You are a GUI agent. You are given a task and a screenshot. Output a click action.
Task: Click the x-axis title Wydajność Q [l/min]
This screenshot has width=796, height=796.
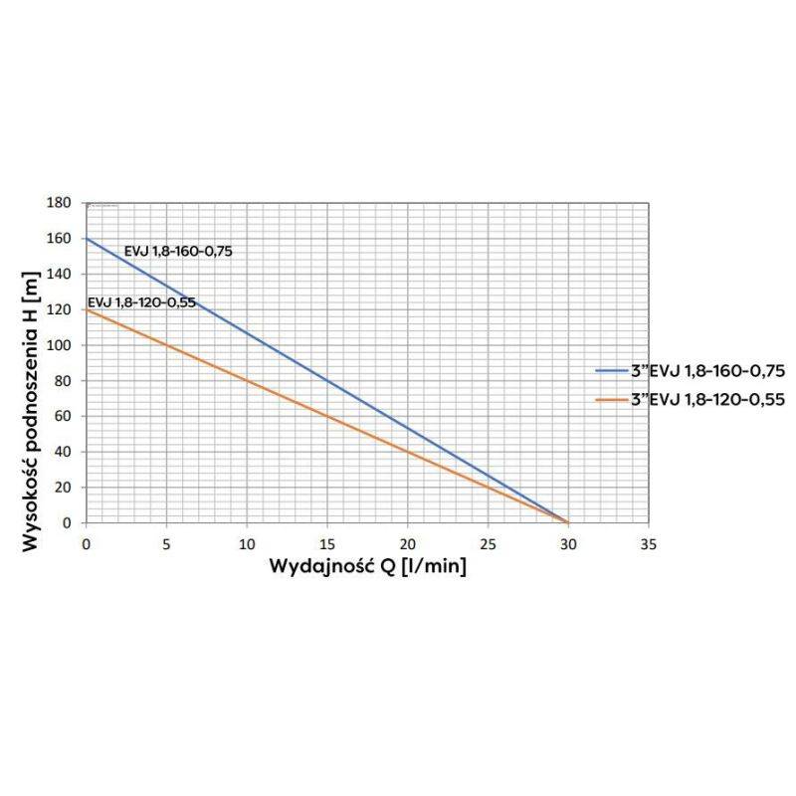367,566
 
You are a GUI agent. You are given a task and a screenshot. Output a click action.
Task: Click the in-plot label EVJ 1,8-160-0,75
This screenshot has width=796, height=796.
178,252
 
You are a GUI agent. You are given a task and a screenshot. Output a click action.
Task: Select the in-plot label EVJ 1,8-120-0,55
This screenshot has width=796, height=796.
142,301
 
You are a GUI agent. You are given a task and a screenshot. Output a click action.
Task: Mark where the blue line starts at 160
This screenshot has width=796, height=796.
87,239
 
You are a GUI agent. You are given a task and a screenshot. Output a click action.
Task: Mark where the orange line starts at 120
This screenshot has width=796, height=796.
87,309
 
